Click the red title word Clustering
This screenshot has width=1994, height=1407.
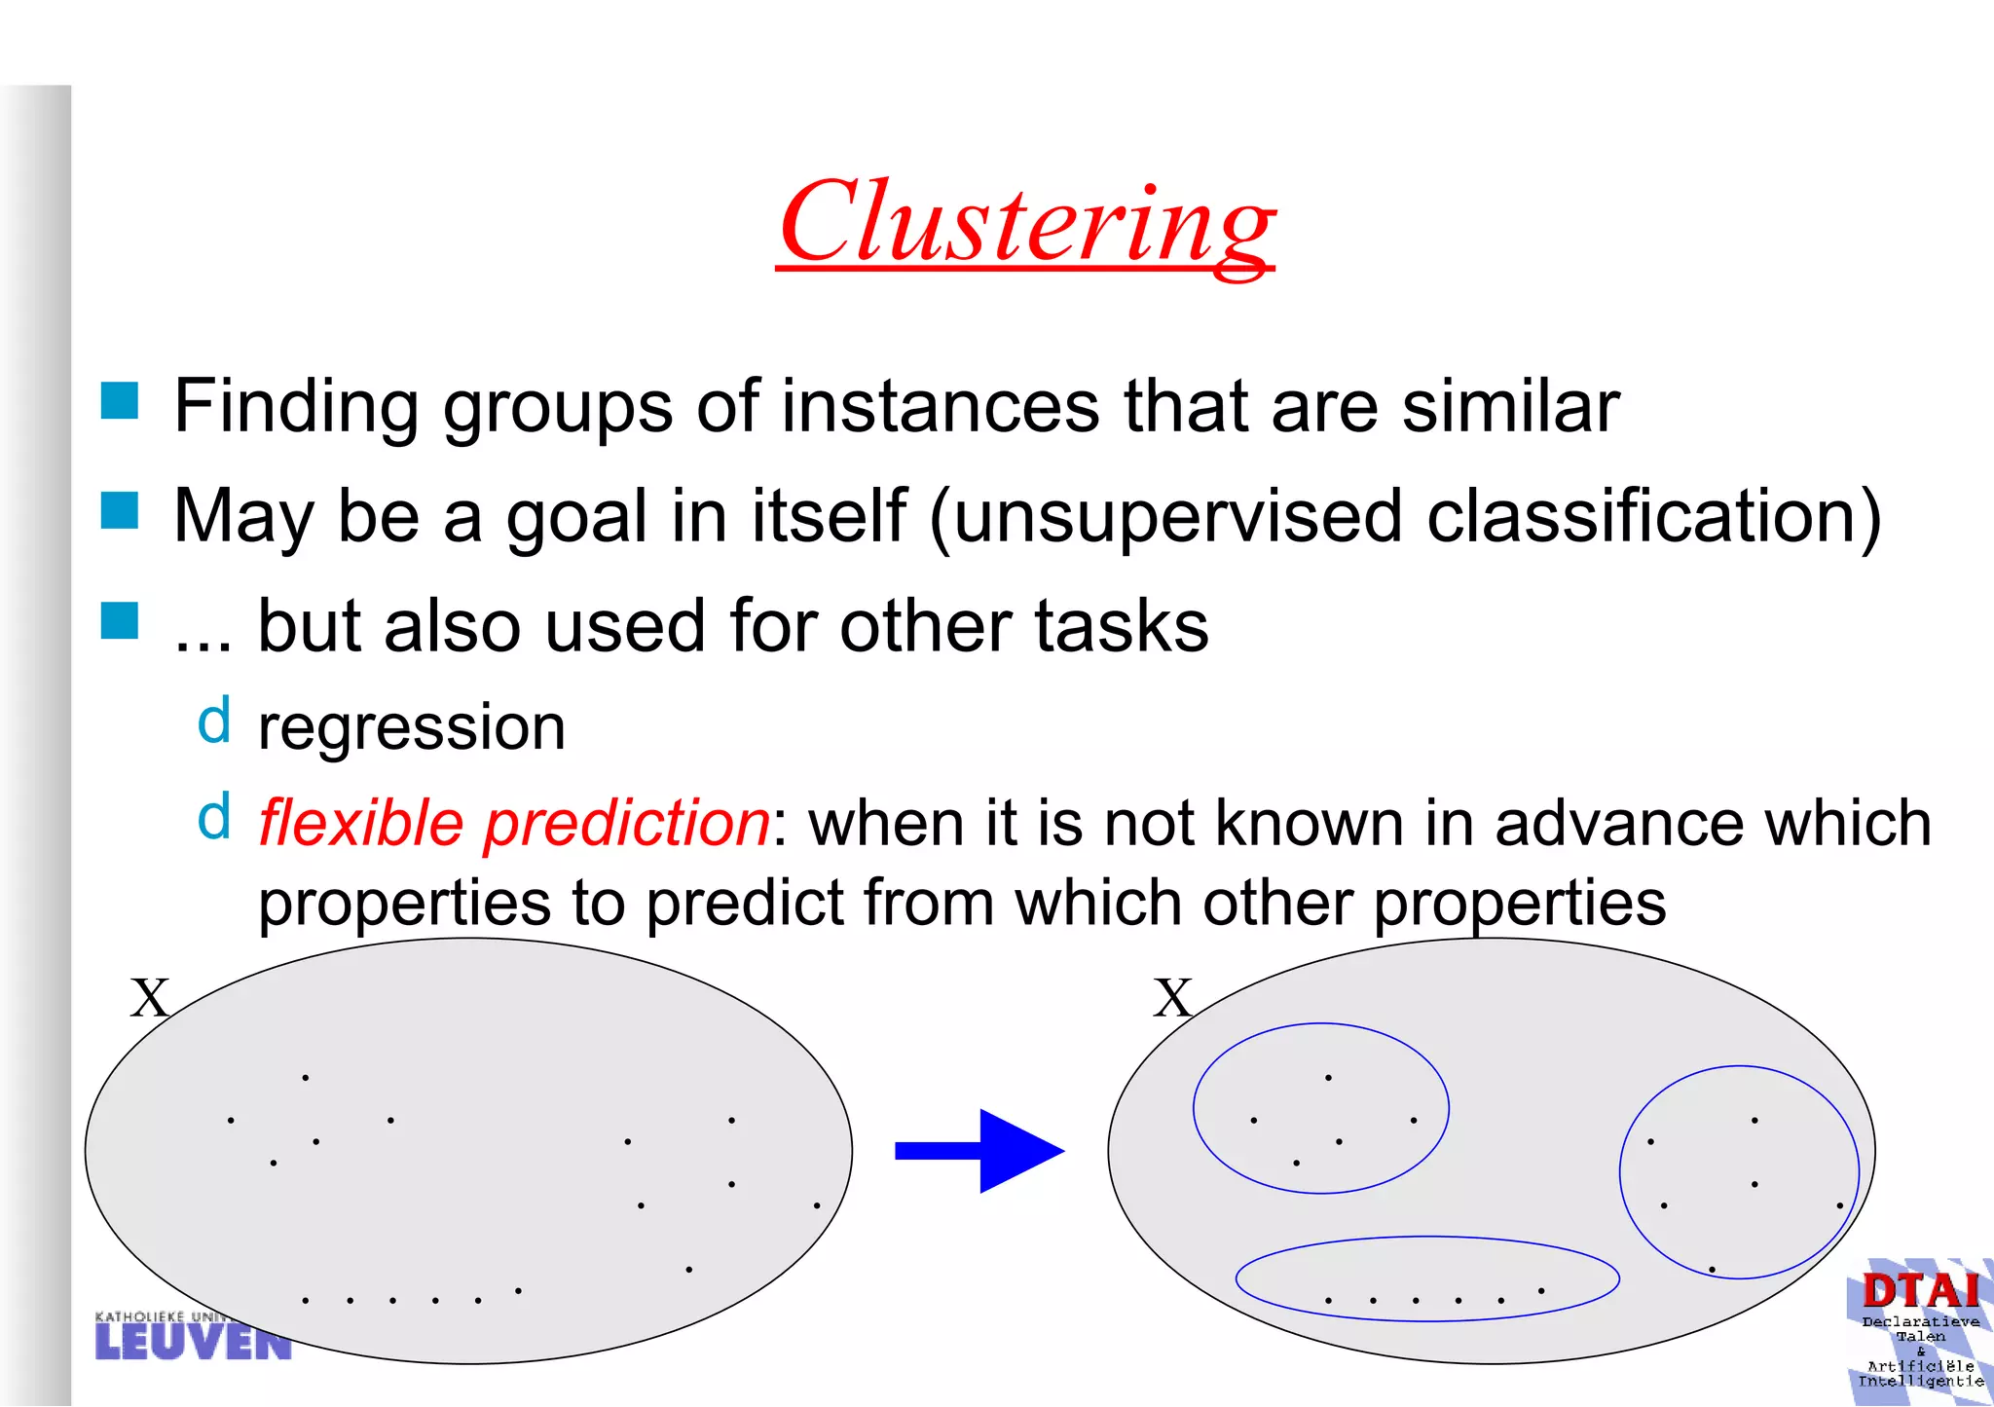(x=1026, y=223)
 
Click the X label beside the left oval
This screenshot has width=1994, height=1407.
(x=150, y=999)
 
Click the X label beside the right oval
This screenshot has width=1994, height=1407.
(x=1172, y=999)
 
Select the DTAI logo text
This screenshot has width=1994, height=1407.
(x=1920, y=1291)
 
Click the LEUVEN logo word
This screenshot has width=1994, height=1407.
(x=193, y=1342)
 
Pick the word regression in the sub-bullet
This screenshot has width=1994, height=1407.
(x=411, y=727)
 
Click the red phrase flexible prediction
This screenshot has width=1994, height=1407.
(x=514, y=824)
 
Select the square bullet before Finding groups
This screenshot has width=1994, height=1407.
(x=120, y=400)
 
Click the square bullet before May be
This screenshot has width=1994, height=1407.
(x=120, y=510)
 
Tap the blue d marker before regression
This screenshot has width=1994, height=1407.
(x=214, y=722)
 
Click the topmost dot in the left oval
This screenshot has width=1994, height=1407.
(x=306, y=1077)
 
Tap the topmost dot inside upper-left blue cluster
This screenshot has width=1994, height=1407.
(x=1328, y=1077)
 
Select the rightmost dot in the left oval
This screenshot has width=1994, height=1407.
(x=817, y=1205)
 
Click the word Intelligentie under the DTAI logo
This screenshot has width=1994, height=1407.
(x=1920, y=1382)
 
